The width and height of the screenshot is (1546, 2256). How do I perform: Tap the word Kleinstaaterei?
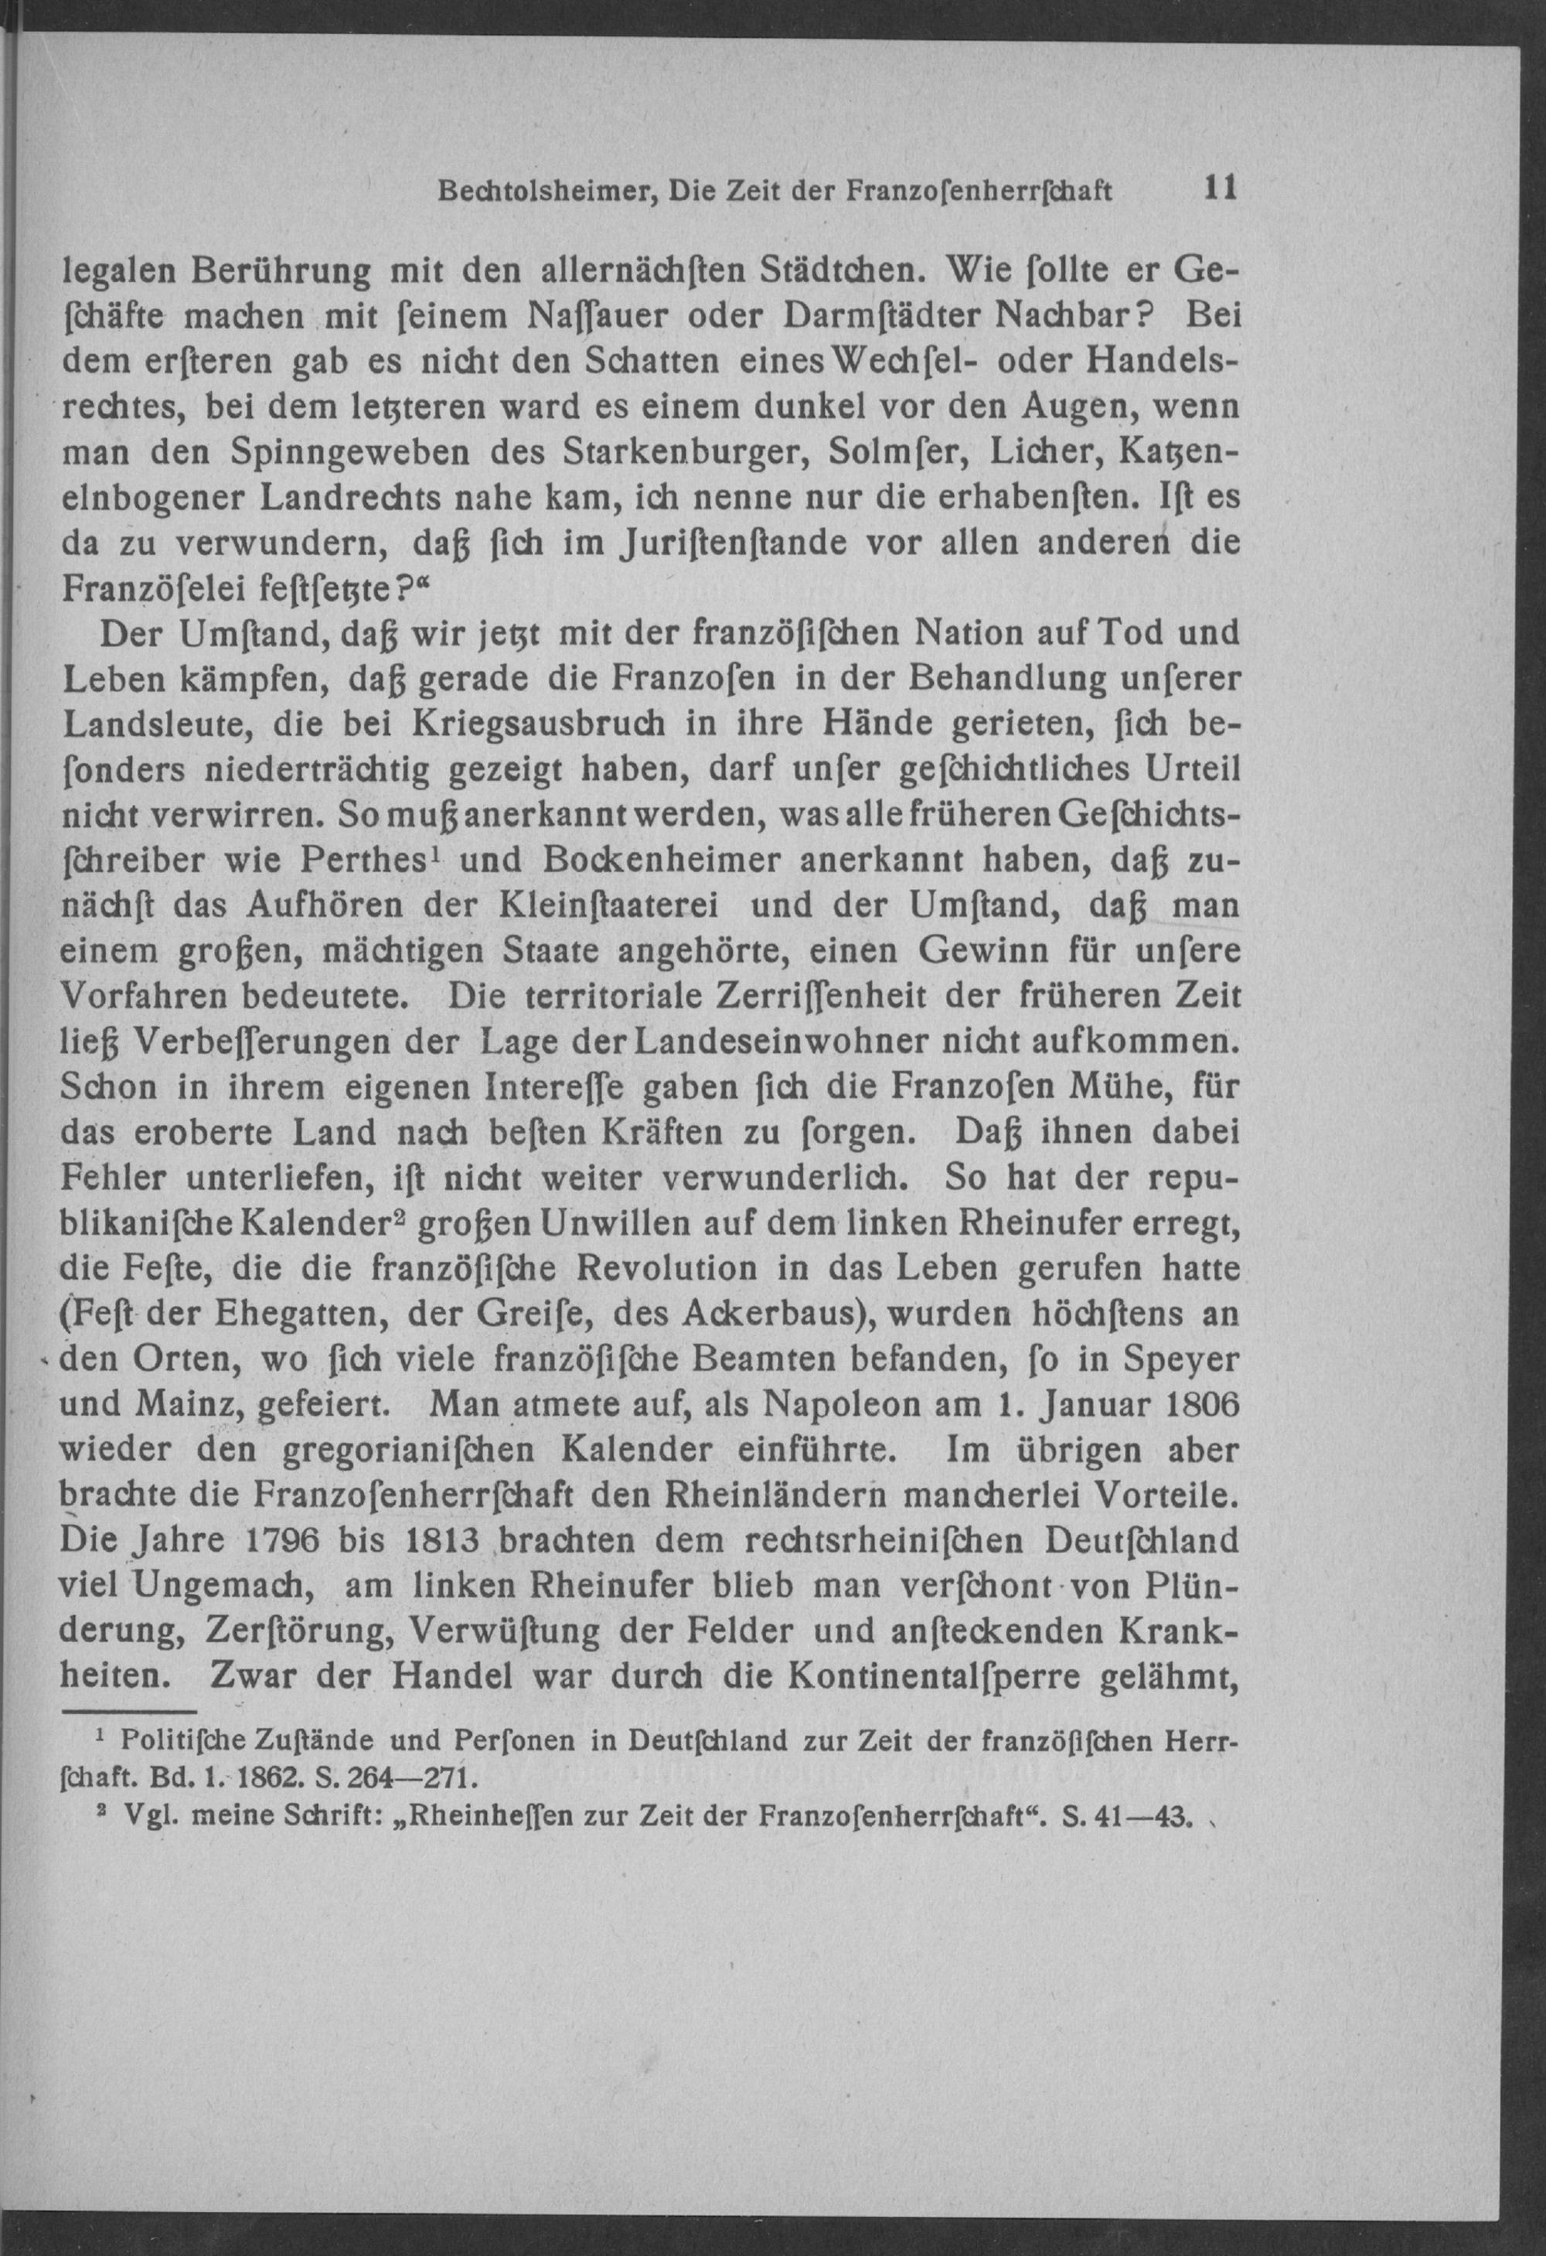[608, 905]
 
